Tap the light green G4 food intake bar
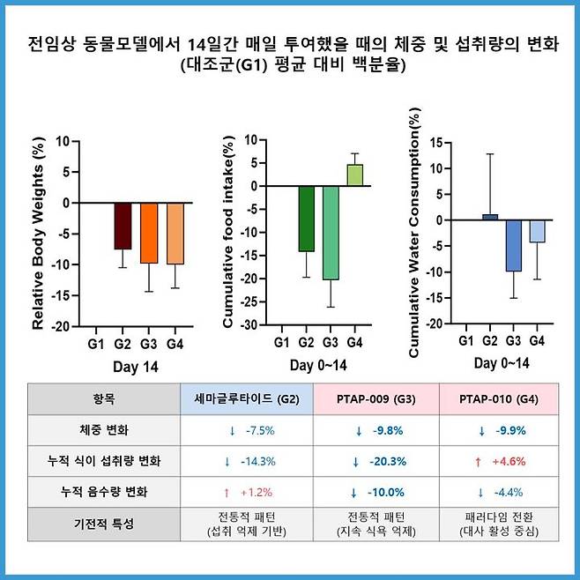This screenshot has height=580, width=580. pyautogui.click(x=354, y=175)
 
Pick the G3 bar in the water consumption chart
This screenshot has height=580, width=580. pyautogui.click(x=514, y=245)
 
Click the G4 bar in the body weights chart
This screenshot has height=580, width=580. pyautogui.click(x=175, y=233)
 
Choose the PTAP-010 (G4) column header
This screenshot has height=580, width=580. pyautogui.click(x=500, y=398)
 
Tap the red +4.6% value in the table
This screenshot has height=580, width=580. pyautogui.click(x=500, y=461)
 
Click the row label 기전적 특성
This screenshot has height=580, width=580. pyautogui.click(x=103, y=524)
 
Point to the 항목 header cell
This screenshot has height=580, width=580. pyautogui.click(x=103, y=398)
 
